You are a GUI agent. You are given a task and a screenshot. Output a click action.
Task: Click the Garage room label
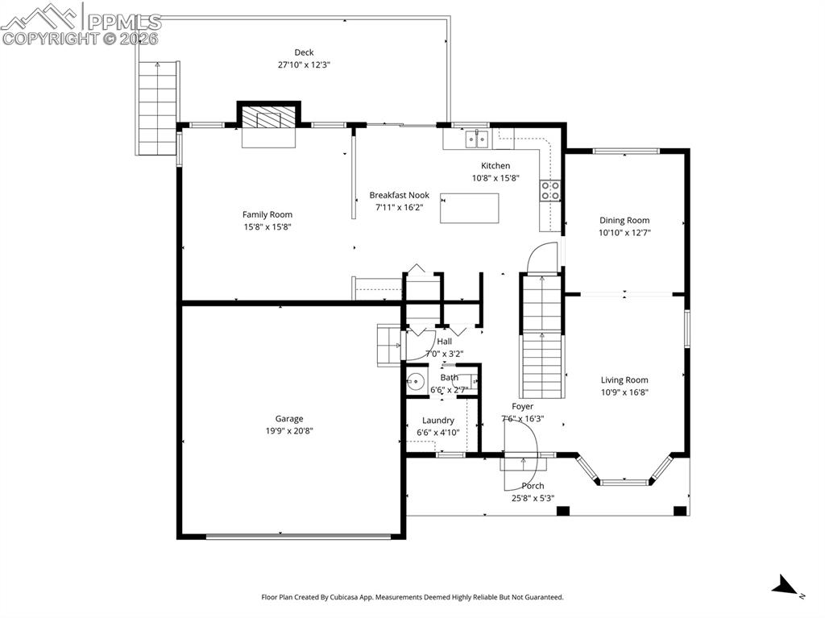tap(289, 418)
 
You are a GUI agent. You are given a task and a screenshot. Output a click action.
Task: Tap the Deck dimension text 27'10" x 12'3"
tap(304, 64)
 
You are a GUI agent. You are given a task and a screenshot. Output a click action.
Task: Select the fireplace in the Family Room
tap(269, 120)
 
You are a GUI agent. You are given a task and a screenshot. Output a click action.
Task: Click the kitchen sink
tap(476, 140)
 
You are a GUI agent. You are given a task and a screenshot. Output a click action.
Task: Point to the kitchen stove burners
tap(550, 190)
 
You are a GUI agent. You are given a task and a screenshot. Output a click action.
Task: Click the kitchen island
tap(469, 208)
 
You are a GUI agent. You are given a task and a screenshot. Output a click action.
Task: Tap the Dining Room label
tap(624, 220)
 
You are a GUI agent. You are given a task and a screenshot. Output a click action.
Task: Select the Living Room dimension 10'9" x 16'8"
tap(624, 392)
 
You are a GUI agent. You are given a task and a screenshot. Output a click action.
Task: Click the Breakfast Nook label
tap(399, 195)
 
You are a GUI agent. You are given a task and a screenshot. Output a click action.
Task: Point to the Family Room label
tap(267, 214)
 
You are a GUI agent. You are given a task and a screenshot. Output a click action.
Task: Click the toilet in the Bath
tap(416, 382)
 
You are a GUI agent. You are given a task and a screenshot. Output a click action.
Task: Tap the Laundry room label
tap(437, 420)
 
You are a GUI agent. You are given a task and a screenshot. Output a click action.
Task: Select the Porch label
tap(533, 486)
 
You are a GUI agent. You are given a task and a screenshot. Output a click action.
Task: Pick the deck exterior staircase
tap(156, 106)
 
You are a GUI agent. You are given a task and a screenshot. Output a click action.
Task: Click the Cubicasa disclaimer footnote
tap(412, 597)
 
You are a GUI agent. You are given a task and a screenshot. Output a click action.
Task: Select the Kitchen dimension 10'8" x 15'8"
tap(495, 178)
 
